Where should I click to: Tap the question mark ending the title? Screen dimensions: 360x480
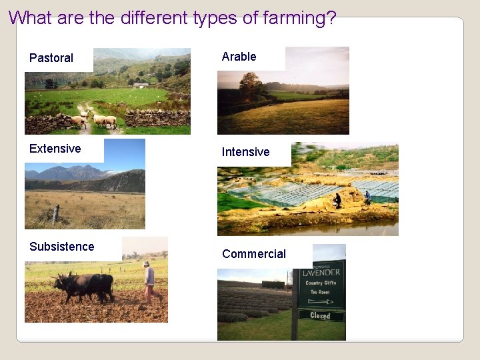(330, 17)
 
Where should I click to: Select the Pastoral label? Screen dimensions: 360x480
(51, 58)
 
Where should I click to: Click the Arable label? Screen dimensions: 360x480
(239, 57)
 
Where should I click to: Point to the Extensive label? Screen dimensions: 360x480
(55, 149)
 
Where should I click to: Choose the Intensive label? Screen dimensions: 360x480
(245, 152)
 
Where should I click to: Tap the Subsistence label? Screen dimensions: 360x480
(61, 247)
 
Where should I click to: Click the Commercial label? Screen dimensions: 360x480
(253, 254)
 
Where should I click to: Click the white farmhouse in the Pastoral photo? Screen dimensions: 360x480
(140, 85)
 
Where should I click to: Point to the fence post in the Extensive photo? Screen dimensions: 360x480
(56, 214)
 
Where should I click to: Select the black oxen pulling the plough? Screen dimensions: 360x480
(85, 285)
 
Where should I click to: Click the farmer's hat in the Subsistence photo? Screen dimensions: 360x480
(147, 264)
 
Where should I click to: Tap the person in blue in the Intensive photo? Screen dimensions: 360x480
(367, 197)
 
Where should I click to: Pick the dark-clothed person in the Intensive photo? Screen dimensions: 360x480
(337, 199)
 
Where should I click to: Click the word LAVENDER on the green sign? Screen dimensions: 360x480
(321, 272)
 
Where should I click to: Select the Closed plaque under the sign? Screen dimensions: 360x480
(321, 315)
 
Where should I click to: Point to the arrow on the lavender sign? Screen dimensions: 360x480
(321, 301)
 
